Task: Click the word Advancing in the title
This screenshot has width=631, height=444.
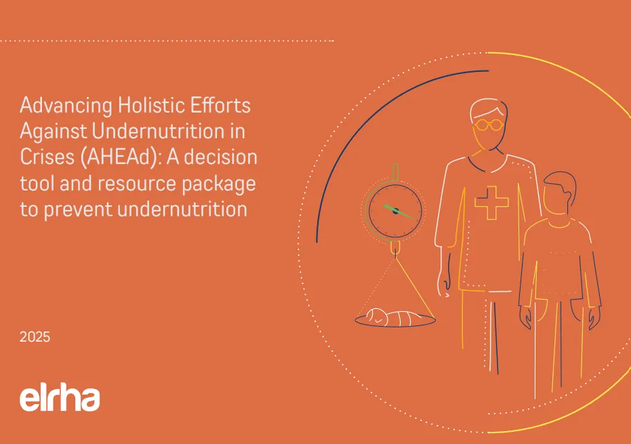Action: coord(66,106)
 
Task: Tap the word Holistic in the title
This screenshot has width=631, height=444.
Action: coord(151,105)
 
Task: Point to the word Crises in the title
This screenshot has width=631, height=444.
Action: coord(47,157)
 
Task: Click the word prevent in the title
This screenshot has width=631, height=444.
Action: coord(79,210)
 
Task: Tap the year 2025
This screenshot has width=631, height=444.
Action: coord(35,337)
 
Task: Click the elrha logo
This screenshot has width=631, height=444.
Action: coord(60,399)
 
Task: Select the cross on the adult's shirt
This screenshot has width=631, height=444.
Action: coord(491,203)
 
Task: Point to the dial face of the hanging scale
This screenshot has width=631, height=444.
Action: coord(395,211)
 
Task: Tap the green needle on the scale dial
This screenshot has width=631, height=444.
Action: coord(400,213)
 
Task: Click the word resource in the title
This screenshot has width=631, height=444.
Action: coord(137,184)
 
